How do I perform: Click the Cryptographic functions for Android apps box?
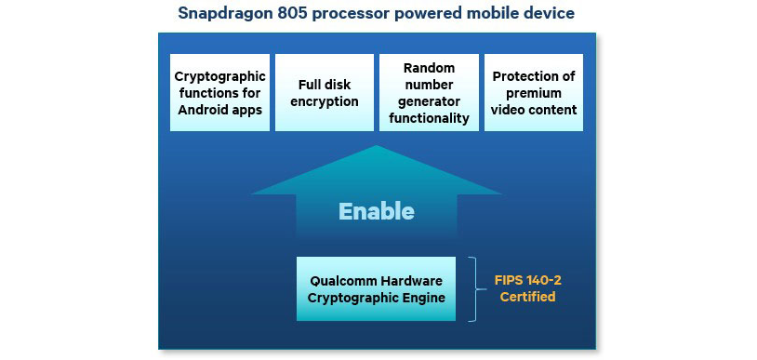click(220, 93)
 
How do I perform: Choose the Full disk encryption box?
click(324, 93)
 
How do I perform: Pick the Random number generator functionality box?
click(429, 93)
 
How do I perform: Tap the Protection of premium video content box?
click(534, 93)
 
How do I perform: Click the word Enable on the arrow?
click(376, 211)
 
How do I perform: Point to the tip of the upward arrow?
click(376, 148)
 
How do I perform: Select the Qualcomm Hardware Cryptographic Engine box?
click(376, 288)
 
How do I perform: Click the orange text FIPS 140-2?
click(527, 278)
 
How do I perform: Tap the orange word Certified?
click(527, 297)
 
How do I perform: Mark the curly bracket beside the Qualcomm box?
click(472, 288)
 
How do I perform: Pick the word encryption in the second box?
click(324, 101)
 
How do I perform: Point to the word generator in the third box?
click(429, 101)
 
